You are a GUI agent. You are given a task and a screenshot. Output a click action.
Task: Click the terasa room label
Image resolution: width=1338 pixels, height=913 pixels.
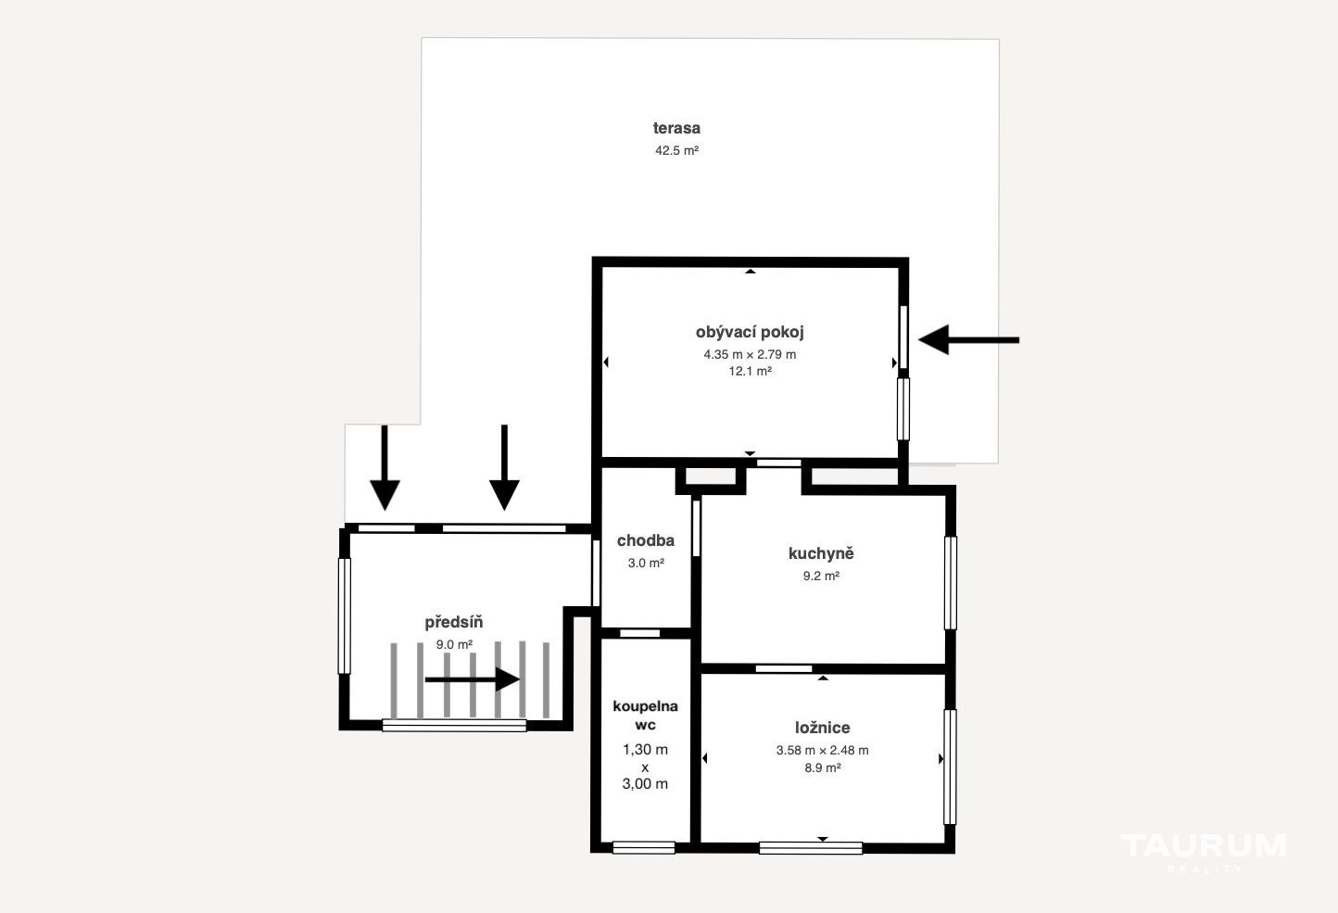(676, 128)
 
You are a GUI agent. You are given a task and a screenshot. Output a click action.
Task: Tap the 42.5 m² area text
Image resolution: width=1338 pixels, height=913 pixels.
(676, 150)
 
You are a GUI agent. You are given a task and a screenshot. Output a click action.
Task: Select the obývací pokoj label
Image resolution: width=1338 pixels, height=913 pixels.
(750, 332)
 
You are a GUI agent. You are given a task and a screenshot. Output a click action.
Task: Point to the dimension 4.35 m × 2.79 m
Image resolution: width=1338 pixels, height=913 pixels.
(750, 354)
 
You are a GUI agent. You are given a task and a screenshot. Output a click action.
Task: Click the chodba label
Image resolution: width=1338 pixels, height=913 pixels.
(646, 540)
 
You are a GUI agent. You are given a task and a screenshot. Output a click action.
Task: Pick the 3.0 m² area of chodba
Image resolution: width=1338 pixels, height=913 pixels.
(646, 563)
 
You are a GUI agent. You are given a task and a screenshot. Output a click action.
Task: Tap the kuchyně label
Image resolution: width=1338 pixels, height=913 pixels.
(821, 554)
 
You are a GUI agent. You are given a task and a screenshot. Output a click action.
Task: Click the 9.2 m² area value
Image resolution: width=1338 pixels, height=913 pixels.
(821, 576)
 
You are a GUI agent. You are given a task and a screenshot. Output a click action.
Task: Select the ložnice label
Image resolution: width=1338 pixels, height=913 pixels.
(823, 728)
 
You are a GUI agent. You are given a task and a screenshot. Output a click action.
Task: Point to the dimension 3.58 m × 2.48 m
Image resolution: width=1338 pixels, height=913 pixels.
(823, 751)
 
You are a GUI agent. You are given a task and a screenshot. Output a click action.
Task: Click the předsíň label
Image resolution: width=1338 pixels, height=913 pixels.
(454, 623)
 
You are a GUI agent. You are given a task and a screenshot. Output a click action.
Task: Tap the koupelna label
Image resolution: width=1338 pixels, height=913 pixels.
(645, 707)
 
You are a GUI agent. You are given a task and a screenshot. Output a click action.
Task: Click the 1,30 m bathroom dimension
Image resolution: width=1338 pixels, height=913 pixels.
(645, 749)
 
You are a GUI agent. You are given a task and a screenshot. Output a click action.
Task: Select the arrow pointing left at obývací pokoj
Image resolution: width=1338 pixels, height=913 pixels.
(968, 340)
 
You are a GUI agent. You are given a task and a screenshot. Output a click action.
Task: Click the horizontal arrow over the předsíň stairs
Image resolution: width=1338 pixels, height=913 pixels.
(472, 679)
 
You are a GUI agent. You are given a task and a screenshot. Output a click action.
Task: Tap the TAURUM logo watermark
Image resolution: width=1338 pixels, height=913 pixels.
(1203, 853)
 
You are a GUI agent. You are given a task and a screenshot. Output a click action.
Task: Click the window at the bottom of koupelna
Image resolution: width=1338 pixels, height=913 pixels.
(644, 847)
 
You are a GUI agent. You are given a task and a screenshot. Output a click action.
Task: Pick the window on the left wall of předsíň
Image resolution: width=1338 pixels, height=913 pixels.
(344, 616)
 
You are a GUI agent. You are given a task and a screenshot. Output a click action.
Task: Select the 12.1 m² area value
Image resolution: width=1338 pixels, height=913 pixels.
(751, 371)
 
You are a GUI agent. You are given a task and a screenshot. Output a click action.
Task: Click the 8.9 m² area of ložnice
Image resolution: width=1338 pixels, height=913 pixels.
(823, 767)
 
